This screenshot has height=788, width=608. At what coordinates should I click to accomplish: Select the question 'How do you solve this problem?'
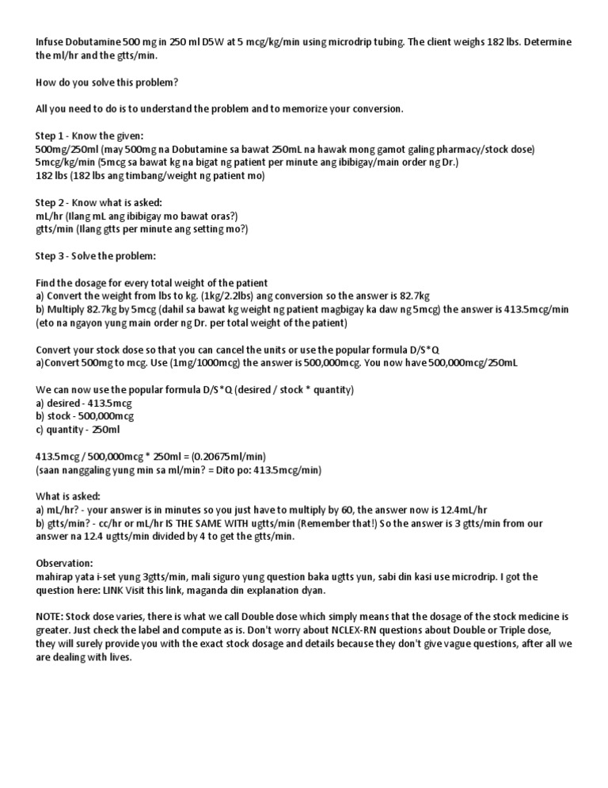click(108, 82)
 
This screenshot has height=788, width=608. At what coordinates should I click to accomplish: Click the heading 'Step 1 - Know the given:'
click(90, 136)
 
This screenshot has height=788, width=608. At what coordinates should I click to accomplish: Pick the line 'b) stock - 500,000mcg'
click(85, 416)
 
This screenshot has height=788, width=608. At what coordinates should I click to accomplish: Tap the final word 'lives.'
click(118, 658)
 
